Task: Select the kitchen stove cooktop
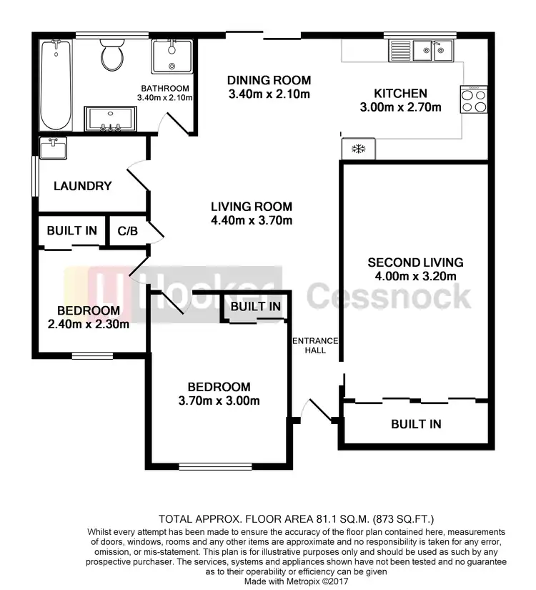click(474, 100)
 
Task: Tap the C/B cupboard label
click(127, 231)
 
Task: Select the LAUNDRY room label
click(83, 186)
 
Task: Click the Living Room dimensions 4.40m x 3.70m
click(252, 220)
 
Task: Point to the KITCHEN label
click(400, 94)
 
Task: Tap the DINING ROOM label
click(269, 79)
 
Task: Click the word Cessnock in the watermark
click(389, 295)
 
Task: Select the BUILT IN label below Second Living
click(416, 424)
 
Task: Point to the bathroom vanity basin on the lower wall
click(110, 120)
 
